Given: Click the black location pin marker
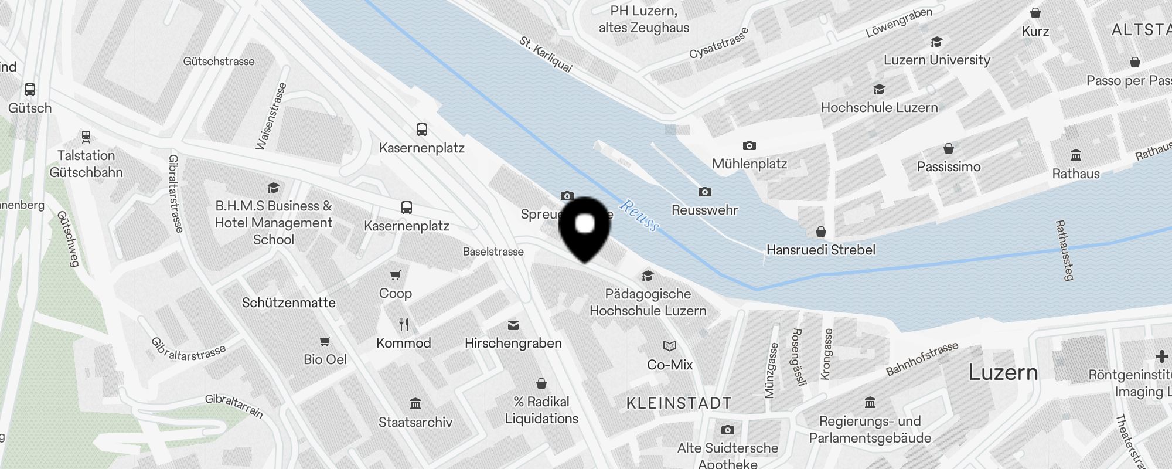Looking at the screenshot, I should tap(585, 228).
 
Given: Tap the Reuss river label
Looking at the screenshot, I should tap(639, 215).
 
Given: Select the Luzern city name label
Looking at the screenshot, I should tap(1003, 373).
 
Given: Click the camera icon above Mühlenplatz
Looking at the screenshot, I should tap(749, 145).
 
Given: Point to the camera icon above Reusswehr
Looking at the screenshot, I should tap(704, 192).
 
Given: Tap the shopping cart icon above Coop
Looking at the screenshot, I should tap(396, 275).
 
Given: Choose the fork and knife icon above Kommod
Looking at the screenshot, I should tap(404, 325).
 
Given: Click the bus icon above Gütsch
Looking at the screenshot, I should tap(30, 90).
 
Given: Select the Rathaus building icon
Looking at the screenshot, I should tap(1076, 155).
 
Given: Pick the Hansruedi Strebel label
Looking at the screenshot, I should tap(820, 250).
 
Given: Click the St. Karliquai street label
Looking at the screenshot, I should tap(546, 55).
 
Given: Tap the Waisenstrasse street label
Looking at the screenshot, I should tap(271, 116).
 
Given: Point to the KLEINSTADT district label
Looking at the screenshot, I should tap(679, 403).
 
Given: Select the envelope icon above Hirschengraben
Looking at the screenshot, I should tap(513, 325).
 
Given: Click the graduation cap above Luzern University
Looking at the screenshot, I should tap(936, 42).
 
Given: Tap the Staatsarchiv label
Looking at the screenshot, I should tap(415, 422).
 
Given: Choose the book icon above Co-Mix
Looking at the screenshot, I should tap(670, 346).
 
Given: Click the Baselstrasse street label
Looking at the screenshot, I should tap(493, 252).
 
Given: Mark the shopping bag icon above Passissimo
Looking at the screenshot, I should tap(949, 148).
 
